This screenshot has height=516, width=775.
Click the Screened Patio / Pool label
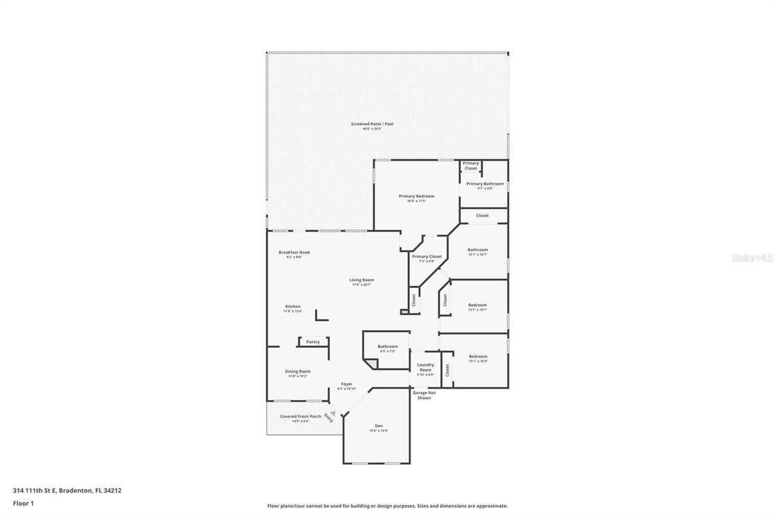pyautogui.click(x=372, y=124)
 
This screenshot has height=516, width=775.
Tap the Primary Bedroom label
pyautogui.click(x=416, y=196)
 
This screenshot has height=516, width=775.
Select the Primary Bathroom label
pyautogui.click(x=485, y=184)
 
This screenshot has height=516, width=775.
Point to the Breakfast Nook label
pyautogui.click(x=294, y=252)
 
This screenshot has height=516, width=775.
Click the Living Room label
pyautogui.click(x=361, y=280)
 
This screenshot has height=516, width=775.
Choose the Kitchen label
pyautogui.click(x=292, y=307)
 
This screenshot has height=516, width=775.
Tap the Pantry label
pyautogui.click(x=313, y=342)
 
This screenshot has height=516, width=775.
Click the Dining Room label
pyautogui.click(x=298, y=371)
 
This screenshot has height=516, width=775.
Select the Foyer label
pyautogui.click(x=346, y=384)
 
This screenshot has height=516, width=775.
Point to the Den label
pyautogui.click(x=378, y=426)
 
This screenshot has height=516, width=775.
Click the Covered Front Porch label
pyautogui.click(x=300, y=416)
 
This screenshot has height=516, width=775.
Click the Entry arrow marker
pyautogui.click(x=332, y=414)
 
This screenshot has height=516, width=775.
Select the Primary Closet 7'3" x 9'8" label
pyautogui.click(x=427, y=256)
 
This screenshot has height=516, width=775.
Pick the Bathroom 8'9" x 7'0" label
pyautogui.click(x=387, y=347)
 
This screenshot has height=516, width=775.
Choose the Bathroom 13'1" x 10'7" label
pyautogui.click(x=478, y=250)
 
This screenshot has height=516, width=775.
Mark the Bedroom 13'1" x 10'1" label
pyautogui.click(x=478, y=305)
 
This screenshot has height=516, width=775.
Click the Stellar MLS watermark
pyautogui.click(x=753, y=258)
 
